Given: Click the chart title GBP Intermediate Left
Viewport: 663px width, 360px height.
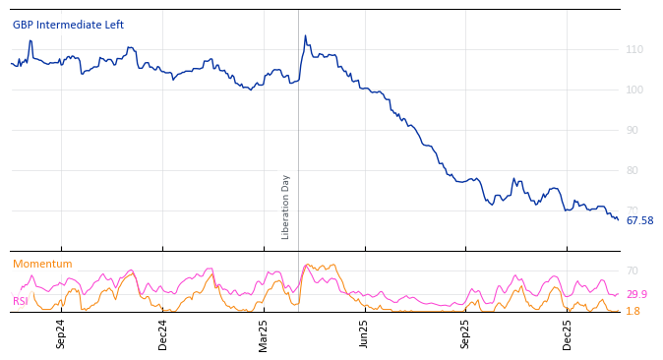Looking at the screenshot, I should (68, 25).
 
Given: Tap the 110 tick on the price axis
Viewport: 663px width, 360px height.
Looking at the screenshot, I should (634, 49).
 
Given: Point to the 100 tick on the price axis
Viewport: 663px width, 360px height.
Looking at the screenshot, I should (634, 90).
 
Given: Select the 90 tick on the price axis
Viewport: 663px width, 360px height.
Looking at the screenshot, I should (634, 130).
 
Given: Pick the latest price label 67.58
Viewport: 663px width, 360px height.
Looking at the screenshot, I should (639, 220).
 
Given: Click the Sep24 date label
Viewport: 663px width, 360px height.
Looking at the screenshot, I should (61, 333).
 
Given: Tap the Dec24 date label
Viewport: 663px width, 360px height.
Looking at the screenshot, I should (163, 333).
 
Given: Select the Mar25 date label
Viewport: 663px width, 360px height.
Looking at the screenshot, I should (264, 333).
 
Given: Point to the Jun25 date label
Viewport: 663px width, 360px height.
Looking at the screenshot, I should (364, 333).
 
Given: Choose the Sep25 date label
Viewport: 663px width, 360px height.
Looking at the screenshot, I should (465, 333).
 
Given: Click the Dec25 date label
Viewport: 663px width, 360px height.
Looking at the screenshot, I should (567, 333).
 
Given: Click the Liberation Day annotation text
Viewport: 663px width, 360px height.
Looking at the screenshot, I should (286, 207).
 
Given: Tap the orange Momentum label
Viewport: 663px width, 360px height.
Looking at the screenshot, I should (42, 264).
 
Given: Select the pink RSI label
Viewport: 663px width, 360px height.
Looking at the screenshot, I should (21, 301).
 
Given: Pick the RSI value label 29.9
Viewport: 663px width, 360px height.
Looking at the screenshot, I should (636, 294).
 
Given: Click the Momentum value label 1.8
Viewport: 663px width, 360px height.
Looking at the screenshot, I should (633, 311).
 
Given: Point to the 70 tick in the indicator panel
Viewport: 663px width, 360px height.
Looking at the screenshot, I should (633, 270).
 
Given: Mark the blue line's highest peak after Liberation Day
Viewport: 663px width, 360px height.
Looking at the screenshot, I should (305, 36).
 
